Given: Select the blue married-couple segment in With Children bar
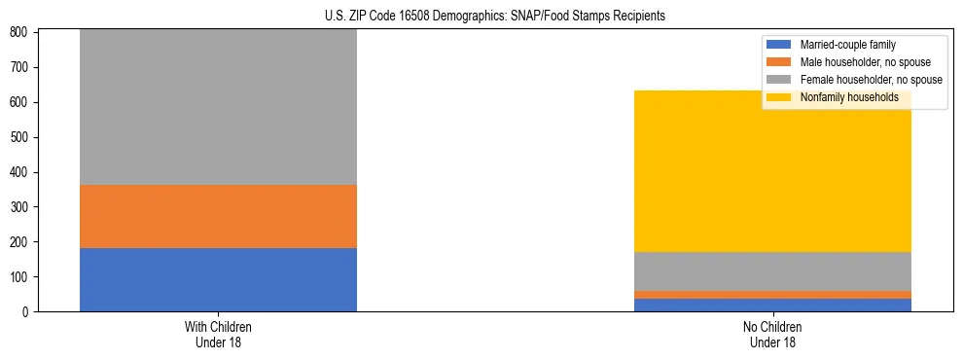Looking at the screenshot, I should click(x=218, y=279).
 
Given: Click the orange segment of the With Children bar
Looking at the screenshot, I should click(x=218, y=216).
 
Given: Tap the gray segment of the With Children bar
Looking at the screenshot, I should click(x=218, y=107).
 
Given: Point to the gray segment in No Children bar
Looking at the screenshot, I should click(x=772, y=271).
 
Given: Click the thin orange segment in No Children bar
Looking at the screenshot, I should click(x=772, y=294).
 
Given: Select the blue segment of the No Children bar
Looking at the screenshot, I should click(x=772, y=305).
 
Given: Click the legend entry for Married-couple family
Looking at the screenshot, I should click(x=847, y=45).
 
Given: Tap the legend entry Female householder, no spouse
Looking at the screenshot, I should click(x=870, y=80).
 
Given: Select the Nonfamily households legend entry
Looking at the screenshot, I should click(x=848, y=97).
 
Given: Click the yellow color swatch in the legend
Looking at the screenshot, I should click(x=779, y=97).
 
